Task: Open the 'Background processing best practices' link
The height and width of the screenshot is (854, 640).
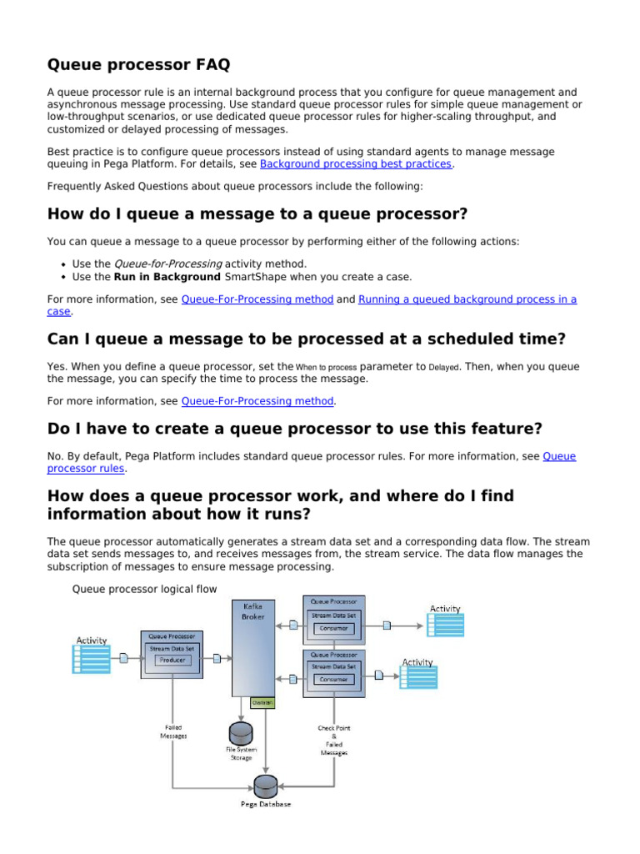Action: [x=356, y=164]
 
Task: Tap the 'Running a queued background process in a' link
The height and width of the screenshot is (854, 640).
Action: [x=467, y=299]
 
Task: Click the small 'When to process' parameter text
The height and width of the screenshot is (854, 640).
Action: [x=326, y=367]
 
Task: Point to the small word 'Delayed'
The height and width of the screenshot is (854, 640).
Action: [x=443, y=367]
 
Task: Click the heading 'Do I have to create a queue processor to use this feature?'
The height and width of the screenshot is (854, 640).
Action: [x=295, y=429]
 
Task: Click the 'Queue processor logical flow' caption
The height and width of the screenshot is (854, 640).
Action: [x=144, y=589]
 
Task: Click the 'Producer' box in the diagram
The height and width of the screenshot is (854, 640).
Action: [x=172, y=660]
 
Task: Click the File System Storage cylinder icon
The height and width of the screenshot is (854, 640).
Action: [x=241, y=733]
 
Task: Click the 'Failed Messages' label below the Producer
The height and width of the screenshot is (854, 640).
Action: [x=173, y=731]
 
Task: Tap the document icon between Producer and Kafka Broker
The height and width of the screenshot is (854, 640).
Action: [x=217, y=659]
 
